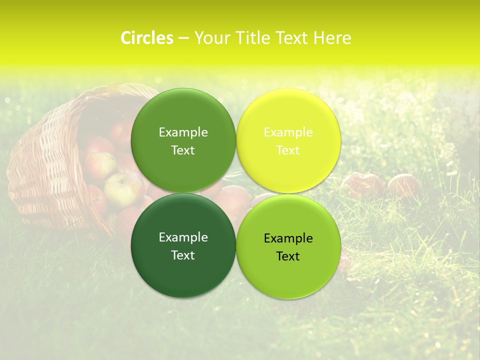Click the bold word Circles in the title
[146, 38]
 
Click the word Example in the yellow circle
[288, 132]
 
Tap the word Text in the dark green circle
[183, 255]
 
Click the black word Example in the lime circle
[288, 238]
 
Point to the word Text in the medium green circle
[183, 150]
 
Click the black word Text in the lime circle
[288, 256]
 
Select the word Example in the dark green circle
[183, 237]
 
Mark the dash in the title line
[183, 38]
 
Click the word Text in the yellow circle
[288, 150]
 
